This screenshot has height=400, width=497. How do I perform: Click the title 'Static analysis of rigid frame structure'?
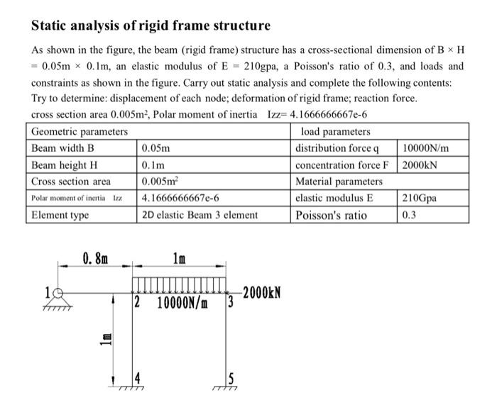click(x=151, y=26)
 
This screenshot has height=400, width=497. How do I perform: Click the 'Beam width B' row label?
click(x=63, y=148)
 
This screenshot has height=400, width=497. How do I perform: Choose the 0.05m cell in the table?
click(x=155, y=148)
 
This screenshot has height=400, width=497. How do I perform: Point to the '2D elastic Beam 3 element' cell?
click(x=200, y=214)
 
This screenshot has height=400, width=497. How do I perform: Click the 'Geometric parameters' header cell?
click(x=80, y=131)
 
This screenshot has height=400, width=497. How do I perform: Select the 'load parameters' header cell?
click(x=335, y=131)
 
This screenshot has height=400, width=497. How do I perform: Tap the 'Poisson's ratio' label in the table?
click(x=332, y=214)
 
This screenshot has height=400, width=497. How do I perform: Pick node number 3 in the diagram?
click(x=229, y=306)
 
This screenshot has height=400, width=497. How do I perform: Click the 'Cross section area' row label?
click(x=71, y=182)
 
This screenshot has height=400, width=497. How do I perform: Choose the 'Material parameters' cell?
click(x=339, y=182)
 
